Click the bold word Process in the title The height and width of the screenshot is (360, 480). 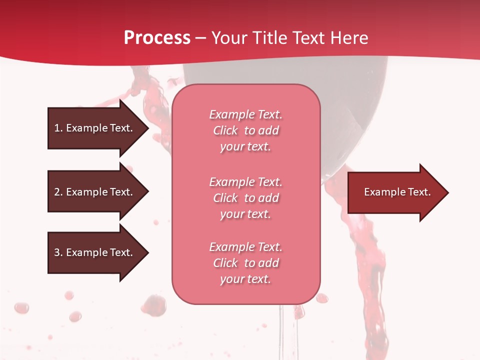[157, 38]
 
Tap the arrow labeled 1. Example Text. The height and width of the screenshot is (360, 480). [95, 128]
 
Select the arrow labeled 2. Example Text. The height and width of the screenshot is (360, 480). [95, 192]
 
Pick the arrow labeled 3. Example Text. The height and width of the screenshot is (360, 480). [95, 252]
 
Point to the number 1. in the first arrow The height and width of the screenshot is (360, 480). [58, 128]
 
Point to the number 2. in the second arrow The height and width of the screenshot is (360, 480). [58, 192]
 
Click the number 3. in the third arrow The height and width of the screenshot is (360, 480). [58, 252]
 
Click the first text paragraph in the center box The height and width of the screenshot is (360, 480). [245, 130]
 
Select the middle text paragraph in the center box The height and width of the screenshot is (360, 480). [245, 198]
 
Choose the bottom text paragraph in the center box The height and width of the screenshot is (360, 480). [245, 263]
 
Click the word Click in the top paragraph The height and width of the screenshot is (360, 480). [225, 130]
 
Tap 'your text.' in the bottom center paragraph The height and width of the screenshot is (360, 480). [245, 279]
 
